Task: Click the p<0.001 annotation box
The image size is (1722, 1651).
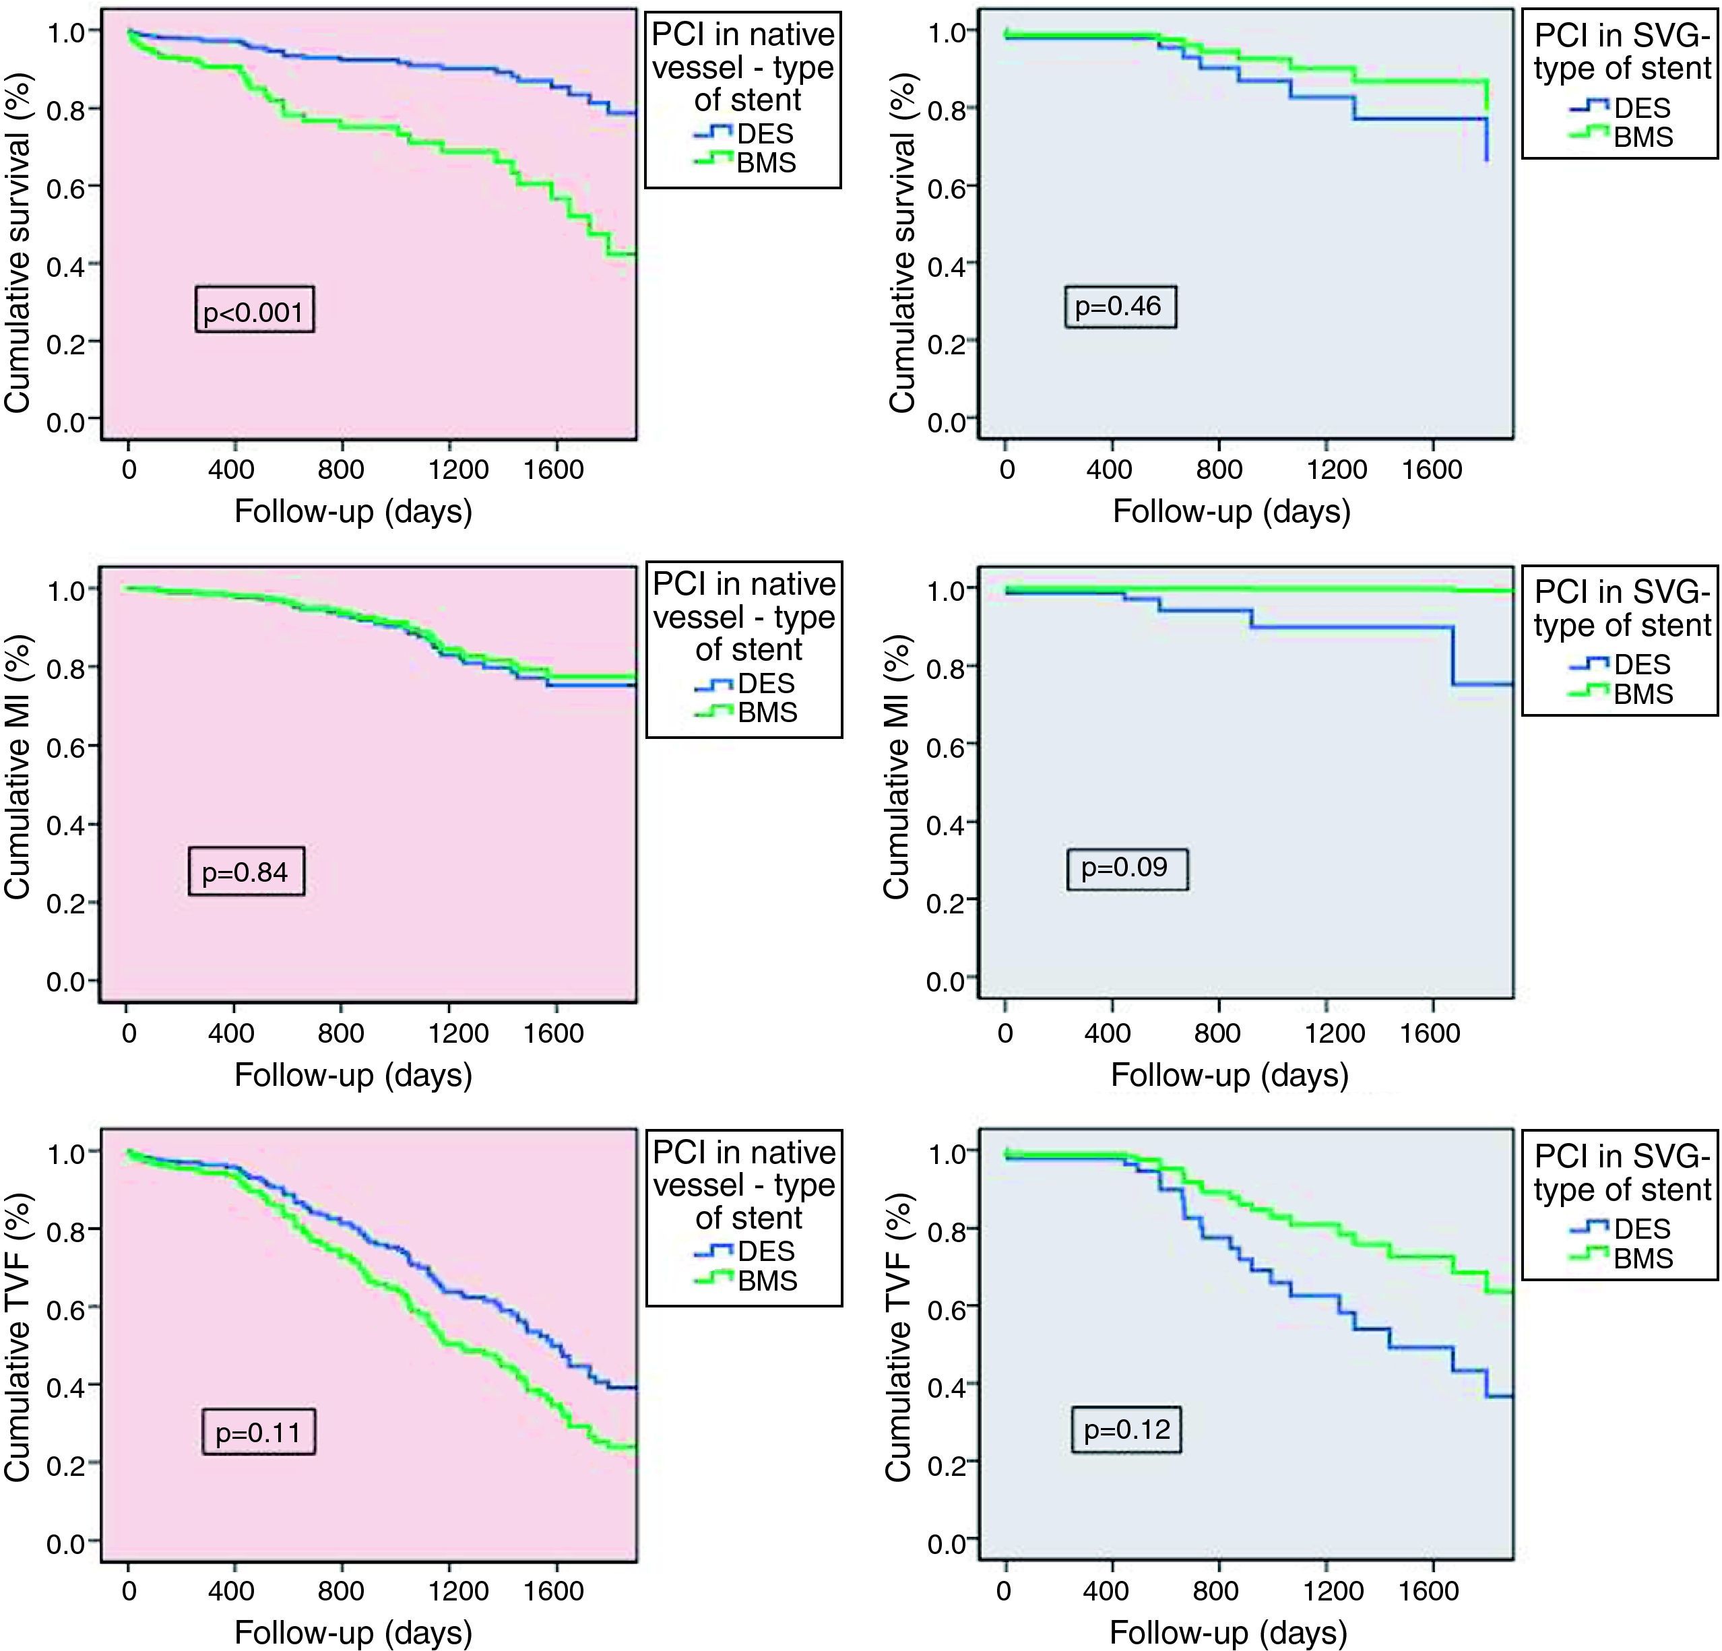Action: tap(254, 310)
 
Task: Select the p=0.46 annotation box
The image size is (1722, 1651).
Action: tap(1118, 306)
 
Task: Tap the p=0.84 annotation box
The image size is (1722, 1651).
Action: tap(246, 871)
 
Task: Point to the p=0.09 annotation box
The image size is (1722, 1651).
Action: tap(1126, 868)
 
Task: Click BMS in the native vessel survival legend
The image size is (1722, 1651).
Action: tap(766, 162)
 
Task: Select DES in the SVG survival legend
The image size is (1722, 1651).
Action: tap(1642, 108)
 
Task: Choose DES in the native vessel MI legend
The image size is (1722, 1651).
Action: tap(766, 683)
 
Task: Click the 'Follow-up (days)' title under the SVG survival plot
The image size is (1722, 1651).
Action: tap(1231, 511)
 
